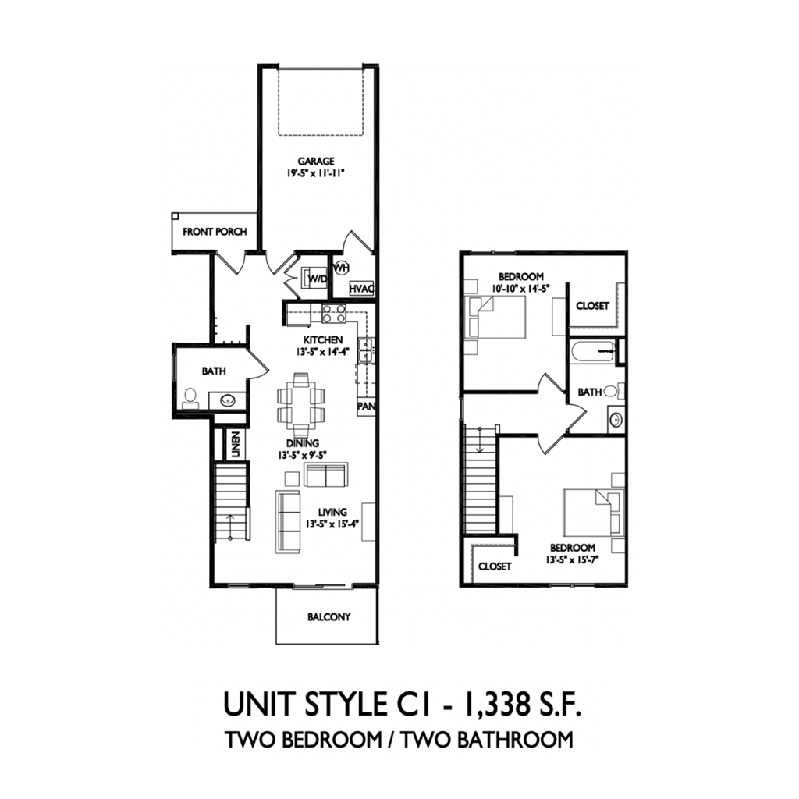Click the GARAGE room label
pyautogui.click(x=315, y=162)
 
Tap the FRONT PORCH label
pyautogui.click(x=215, y=232)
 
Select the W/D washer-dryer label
pyautogui.click(x=316, y=279)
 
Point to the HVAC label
pyautogui.click(x=362, y=289)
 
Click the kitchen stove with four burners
pyautogui.click(x=335, y=314)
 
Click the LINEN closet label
pyautogui.click(x=234, y=445)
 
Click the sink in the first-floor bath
pyautogui.click(x=228, y=400)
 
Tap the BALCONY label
pyautogui.click(x=328, y=616)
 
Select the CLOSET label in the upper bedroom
pyautogui.click(x=592, y=306)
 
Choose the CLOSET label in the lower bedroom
pyautogui.click(x=494, y=566)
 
